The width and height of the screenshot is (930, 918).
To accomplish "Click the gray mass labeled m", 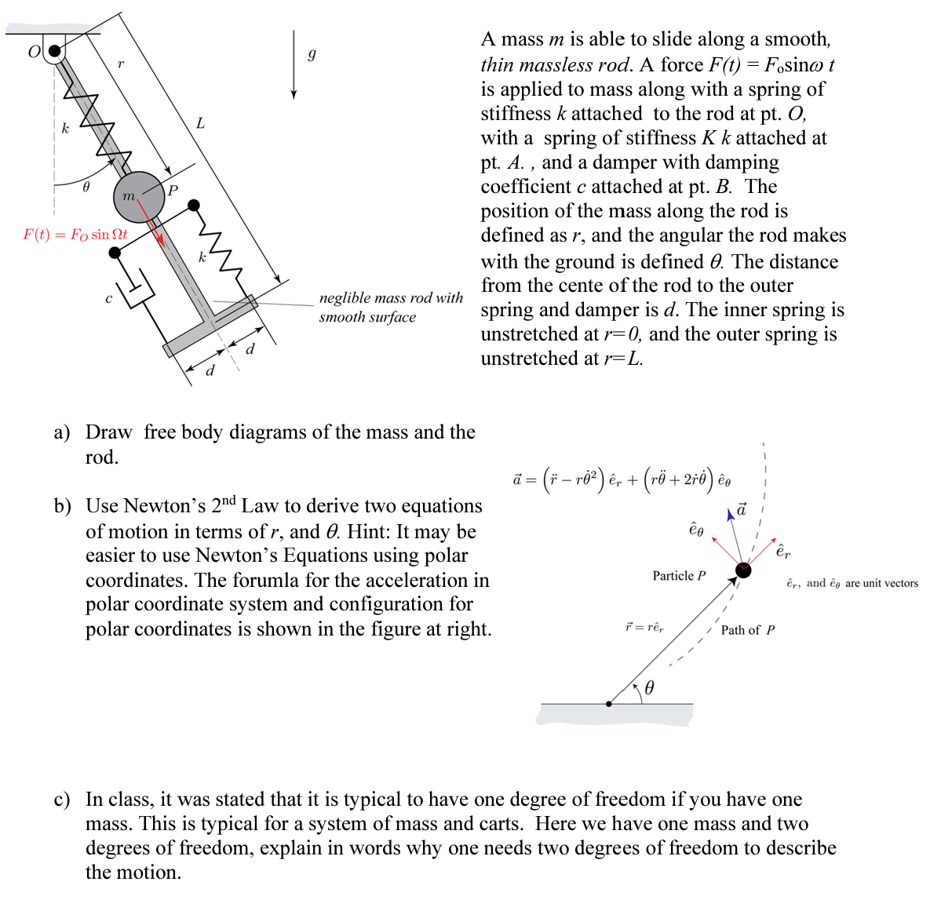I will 139,195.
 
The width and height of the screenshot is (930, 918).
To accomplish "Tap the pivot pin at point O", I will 53,52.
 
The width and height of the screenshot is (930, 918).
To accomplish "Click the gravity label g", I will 312,54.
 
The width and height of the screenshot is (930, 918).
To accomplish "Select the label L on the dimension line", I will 200,123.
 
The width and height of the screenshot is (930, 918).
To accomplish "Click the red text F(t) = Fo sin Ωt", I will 75,235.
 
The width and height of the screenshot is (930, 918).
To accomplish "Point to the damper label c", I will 108,298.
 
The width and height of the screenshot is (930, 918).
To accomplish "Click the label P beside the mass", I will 173,190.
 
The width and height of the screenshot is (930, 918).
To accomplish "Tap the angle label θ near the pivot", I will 86,187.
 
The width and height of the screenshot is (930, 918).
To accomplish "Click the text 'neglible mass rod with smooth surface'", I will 390,307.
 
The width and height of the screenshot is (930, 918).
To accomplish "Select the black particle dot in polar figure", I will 742,570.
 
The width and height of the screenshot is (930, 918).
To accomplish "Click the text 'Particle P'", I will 679,576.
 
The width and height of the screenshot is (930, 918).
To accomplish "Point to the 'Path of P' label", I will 747,630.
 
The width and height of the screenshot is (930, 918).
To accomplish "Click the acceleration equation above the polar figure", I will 622,479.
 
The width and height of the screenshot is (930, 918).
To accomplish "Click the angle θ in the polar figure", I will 649,688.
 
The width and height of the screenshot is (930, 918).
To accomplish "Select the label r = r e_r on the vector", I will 644,627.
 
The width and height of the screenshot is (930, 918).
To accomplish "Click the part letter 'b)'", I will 62,506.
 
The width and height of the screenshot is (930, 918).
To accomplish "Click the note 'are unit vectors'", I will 881,583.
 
